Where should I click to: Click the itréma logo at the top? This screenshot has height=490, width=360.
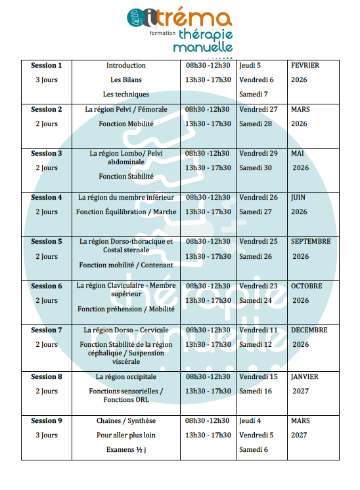point(179,30)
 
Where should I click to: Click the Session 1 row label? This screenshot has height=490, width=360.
point(47,66)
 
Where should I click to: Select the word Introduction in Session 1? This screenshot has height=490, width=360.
point(126,66)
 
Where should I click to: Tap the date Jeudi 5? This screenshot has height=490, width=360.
point(250,66)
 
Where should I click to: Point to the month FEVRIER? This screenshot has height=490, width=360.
point(305,66)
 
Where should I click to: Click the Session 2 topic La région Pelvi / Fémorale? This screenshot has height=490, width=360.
point(126,110)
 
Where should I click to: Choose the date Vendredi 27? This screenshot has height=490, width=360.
point(258,110)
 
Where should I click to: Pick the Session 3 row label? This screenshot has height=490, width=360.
point(47,154)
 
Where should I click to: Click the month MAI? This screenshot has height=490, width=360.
point(298,154)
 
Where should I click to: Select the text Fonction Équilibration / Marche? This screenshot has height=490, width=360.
point(126,212)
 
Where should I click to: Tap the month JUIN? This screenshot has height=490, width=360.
point(298,198)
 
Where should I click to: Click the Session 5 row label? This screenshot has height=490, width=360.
point(47,242)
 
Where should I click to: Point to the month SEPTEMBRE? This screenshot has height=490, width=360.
point(311,242)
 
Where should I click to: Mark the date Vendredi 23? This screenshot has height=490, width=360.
point(258,286)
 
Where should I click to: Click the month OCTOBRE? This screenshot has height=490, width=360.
point(307,286)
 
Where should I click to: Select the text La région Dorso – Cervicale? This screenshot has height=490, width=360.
point(126,330)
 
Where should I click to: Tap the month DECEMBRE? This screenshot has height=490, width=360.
point(309,330)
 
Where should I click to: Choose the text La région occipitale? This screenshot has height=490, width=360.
point(126,377)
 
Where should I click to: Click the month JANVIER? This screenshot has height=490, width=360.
point(305,377)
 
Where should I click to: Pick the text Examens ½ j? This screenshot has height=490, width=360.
point(126,450)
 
